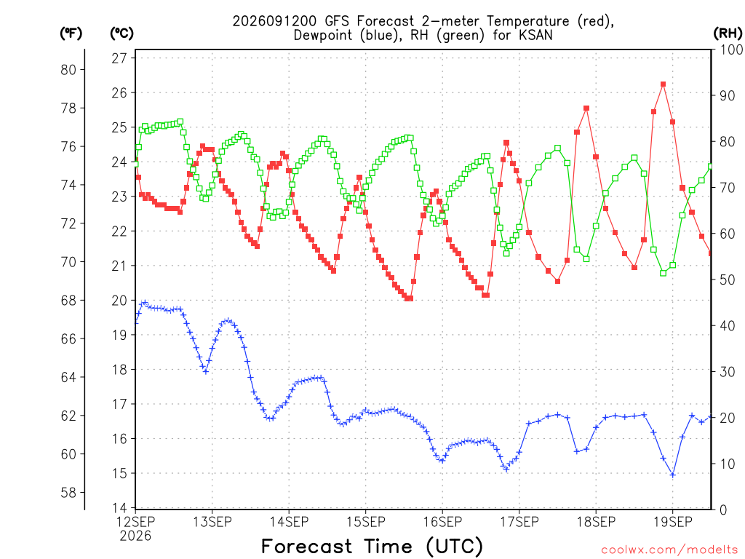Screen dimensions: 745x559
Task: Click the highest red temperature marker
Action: pos(663,84)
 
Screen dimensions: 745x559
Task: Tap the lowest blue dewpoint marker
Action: pos(672,475)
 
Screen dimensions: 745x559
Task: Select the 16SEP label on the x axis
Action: pos(442,522)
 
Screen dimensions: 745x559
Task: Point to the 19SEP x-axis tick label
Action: pos(673,522)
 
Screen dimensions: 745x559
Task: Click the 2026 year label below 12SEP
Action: pos(135,536)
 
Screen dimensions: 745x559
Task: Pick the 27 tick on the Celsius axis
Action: pos(119,58)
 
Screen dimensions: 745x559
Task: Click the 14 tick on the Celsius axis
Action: pos(119,508)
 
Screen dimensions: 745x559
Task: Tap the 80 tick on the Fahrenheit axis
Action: pos(68,70)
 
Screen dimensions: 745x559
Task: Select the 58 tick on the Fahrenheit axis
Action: pos(68,493)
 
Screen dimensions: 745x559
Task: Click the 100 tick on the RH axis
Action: pos(731,49)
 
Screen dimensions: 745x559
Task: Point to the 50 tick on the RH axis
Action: pos(728,280)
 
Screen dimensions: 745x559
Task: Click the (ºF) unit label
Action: pos(71,33)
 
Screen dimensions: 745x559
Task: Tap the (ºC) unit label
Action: pos(121,33)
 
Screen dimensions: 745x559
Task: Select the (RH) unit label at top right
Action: pos(728,33)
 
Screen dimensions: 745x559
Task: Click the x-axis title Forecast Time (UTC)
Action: pos(372,547)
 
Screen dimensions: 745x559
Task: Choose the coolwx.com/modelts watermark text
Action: pos(669,550)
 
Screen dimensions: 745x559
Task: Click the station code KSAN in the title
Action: pos(536,35)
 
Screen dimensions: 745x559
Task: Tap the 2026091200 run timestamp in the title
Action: pos(274,21)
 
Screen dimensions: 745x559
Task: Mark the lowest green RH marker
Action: pos(663,273)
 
